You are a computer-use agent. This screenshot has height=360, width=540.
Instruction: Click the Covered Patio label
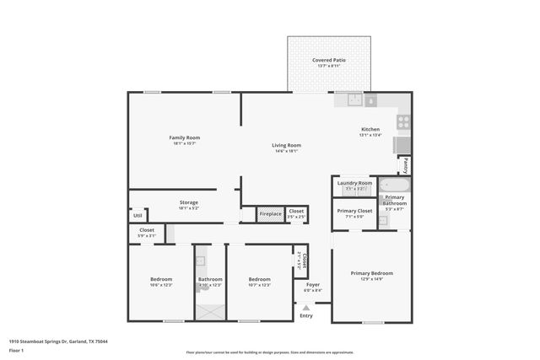coord(328,60)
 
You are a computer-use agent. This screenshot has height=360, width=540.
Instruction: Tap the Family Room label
coord(184,137)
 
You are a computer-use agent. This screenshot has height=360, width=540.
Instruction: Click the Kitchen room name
coord(370,129)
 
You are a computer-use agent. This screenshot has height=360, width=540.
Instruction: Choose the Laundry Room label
coord(354,183)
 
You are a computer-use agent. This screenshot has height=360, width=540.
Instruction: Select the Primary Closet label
coord(354,211)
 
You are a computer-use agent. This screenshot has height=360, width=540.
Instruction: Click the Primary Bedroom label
coord(371,273)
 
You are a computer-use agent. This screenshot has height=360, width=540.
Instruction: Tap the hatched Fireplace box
coord(269,214)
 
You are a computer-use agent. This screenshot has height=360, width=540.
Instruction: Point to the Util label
coord(138,215)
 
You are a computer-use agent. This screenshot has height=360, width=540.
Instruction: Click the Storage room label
coord(188,202)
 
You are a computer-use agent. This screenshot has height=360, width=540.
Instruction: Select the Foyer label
coord(312,285)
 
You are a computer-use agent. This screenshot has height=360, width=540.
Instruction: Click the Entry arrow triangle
coord(305,309)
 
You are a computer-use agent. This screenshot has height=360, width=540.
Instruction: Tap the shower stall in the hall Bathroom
coord(210,309)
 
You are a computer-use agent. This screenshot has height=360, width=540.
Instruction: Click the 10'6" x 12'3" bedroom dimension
coord(161,285)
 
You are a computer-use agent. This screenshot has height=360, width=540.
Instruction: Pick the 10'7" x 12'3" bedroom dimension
coord(260,285)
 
